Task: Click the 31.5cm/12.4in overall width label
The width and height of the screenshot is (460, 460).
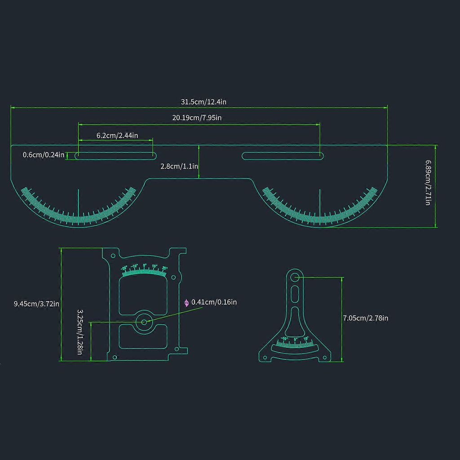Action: pos(203,102)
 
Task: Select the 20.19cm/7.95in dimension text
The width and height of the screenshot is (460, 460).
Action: pos(197,118)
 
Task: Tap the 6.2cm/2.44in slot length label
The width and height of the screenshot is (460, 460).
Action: pos(117,135)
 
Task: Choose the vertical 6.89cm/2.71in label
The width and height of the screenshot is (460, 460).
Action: pos(429,183)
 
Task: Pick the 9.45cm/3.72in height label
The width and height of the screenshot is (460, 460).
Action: pos(36,304)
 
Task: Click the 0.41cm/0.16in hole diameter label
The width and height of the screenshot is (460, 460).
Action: pos(214,302)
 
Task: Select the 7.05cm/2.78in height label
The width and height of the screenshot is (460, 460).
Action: pos(366,318)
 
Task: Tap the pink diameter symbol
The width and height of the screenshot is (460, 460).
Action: pos(187,303)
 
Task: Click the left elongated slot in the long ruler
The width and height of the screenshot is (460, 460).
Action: pos(115,156)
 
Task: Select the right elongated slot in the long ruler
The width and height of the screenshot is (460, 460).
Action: pos(283,156)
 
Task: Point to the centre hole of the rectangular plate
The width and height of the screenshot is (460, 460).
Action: pos(144,322)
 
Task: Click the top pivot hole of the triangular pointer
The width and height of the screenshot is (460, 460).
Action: pos(294,278)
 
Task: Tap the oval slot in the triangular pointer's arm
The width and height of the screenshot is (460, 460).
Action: pos(294,295)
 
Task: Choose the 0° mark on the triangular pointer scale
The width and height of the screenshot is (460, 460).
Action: pos(295,339)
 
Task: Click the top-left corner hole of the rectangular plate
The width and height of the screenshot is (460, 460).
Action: pos(113,255)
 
